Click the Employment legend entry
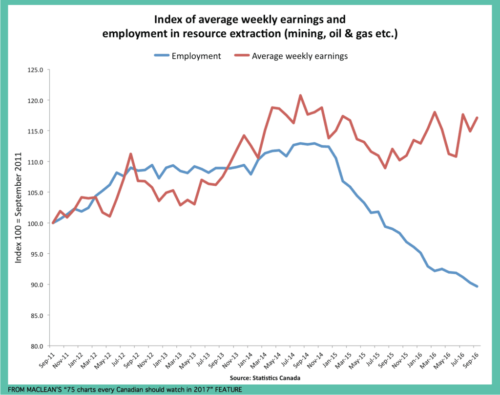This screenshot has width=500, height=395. (x=196, y=56)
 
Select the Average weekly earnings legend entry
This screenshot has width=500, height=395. (x=299, y=56)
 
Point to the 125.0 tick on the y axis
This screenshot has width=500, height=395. (x=37, y=70)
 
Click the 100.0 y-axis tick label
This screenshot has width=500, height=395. (x=37, y=223)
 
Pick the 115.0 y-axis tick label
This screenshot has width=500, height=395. (x=37, y=131)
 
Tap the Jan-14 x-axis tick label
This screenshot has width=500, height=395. (x=244, y=359)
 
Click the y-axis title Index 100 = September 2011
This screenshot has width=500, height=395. (x=19, y=207)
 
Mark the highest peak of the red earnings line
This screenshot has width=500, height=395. (x=300, y=95)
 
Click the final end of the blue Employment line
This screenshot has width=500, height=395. (x=477, y=286)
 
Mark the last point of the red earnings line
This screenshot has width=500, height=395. (x=477, y=117)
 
